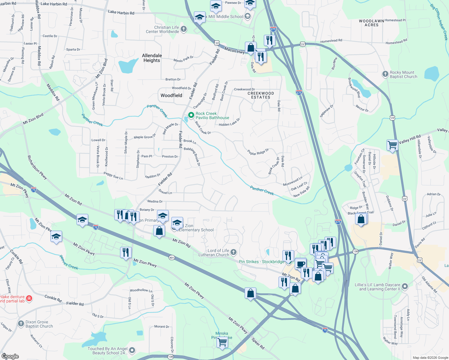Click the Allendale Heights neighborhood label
click(x=152, y=58)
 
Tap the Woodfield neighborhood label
click(x=171, y=95)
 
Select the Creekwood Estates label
click(x=261, y=95)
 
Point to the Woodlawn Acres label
click(x=372, y=23)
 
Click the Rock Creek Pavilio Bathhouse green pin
click(x=191, y=115)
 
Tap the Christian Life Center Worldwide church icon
click(x=184, y=29)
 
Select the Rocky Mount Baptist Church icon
click(x=385, y=74)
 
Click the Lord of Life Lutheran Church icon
click(x=234, y=252)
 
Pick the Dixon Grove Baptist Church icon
click(x=21, y=324)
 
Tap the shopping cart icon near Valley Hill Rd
click(x=393, y=145)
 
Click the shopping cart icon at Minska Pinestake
click(x=222, y=342)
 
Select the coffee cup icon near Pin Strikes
click(x=301, y=264)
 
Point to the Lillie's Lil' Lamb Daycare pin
click(x=405, y=286)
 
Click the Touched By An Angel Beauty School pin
click(x=132, y=350)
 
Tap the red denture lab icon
click(x=29, y=298)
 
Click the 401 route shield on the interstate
click(x=172, y=257)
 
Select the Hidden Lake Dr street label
click(x=229, y=123)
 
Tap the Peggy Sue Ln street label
click(x=113, y=176)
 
